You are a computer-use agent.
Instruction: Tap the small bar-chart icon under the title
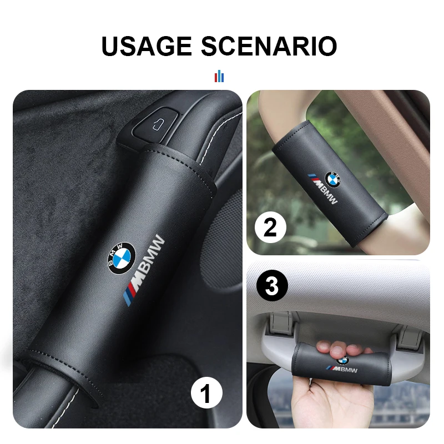point(219,76)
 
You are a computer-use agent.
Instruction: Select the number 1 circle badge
point(206,395)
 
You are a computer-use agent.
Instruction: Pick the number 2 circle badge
point(270,228)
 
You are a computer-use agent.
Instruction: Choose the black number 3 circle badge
point(273,286)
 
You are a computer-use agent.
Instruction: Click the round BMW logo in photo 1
point(122,256)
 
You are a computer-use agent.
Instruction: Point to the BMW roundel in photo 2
point(332,179)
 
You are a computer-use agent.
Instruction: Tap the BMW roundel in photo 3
point(342,360)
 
